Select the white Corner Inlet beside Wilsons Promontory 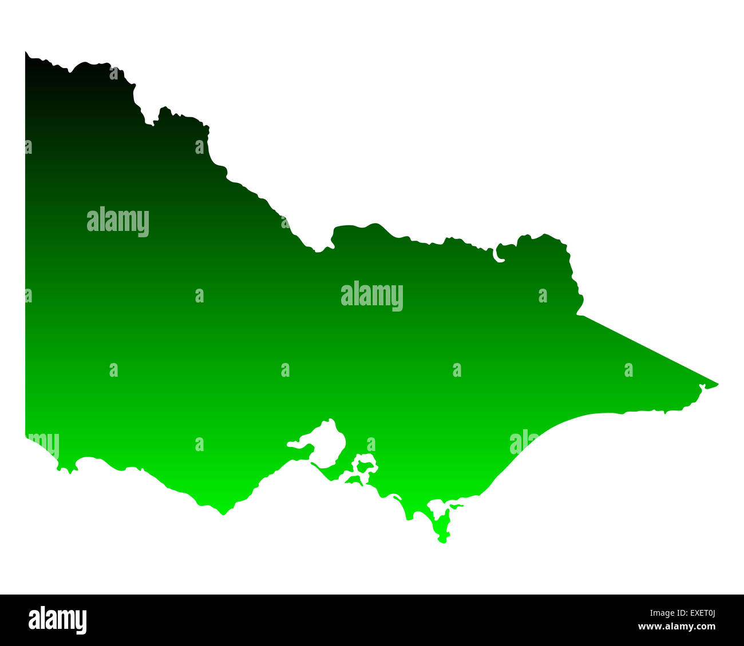(x=438, y=507)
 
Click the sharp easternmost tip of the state (x=717, y=384)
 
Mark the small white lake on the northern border (x=498, y=254)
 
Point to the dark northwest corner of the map (x=27, y=55)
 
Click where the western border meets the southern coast (x=26, y=436)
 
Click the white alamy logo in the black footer (x=57, y=620)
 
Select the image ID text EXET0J (x=696, y=614)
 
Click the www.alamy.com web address (x=676, y=627)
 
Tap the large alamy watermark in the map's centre (x=372, y=296)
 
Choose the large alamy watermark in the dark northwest (x=118, y=221)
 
